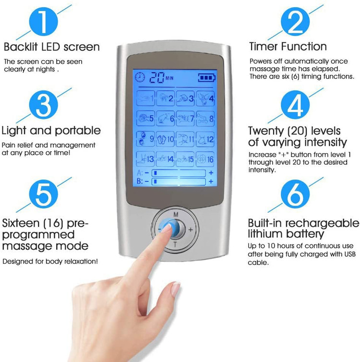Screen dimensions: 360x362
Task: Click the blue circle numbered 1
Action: (x=43, y=22)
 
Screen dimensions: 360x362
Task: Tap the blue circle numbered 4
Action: (x=295, y=105)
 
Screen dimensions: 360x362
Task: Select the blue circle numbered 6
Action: (x=295, y=194)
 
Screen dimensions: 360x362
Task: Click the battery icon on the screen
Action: (x=207, y=78)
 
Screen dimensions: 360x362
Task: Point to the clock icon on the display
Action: (x=140, y=77)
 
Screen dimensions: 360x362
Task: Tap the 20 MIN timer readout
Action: (x=161, y=77)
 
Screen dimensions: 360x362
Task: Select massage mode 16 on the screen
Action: (x=205, y=159)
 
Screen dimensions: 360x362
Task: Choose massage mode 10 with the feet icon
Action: (x=166, y=139)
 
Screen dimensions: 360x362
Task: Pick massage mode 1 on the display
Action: (x=145, y=98)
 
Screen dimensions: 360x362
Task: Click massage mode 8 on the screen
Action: (x=205, y=119)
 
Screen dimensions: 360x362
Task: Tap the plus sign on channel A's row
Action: (x=211, y=173)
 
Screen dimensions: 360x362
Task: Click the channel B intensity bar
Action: (x=179, y=181)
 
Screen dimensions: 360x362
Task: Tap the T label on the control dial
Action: (x=175, y=245)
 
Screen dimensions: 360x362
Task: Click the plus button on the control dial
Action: (x=191, y=229)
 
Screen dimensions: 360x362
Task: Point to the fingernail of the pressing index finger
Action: (x=167, y=228)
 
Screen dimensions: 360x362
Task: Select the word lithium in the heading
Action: (x=264, y=234)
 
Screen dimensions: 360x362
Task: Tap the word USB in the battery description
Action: (x=350, y=254)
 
